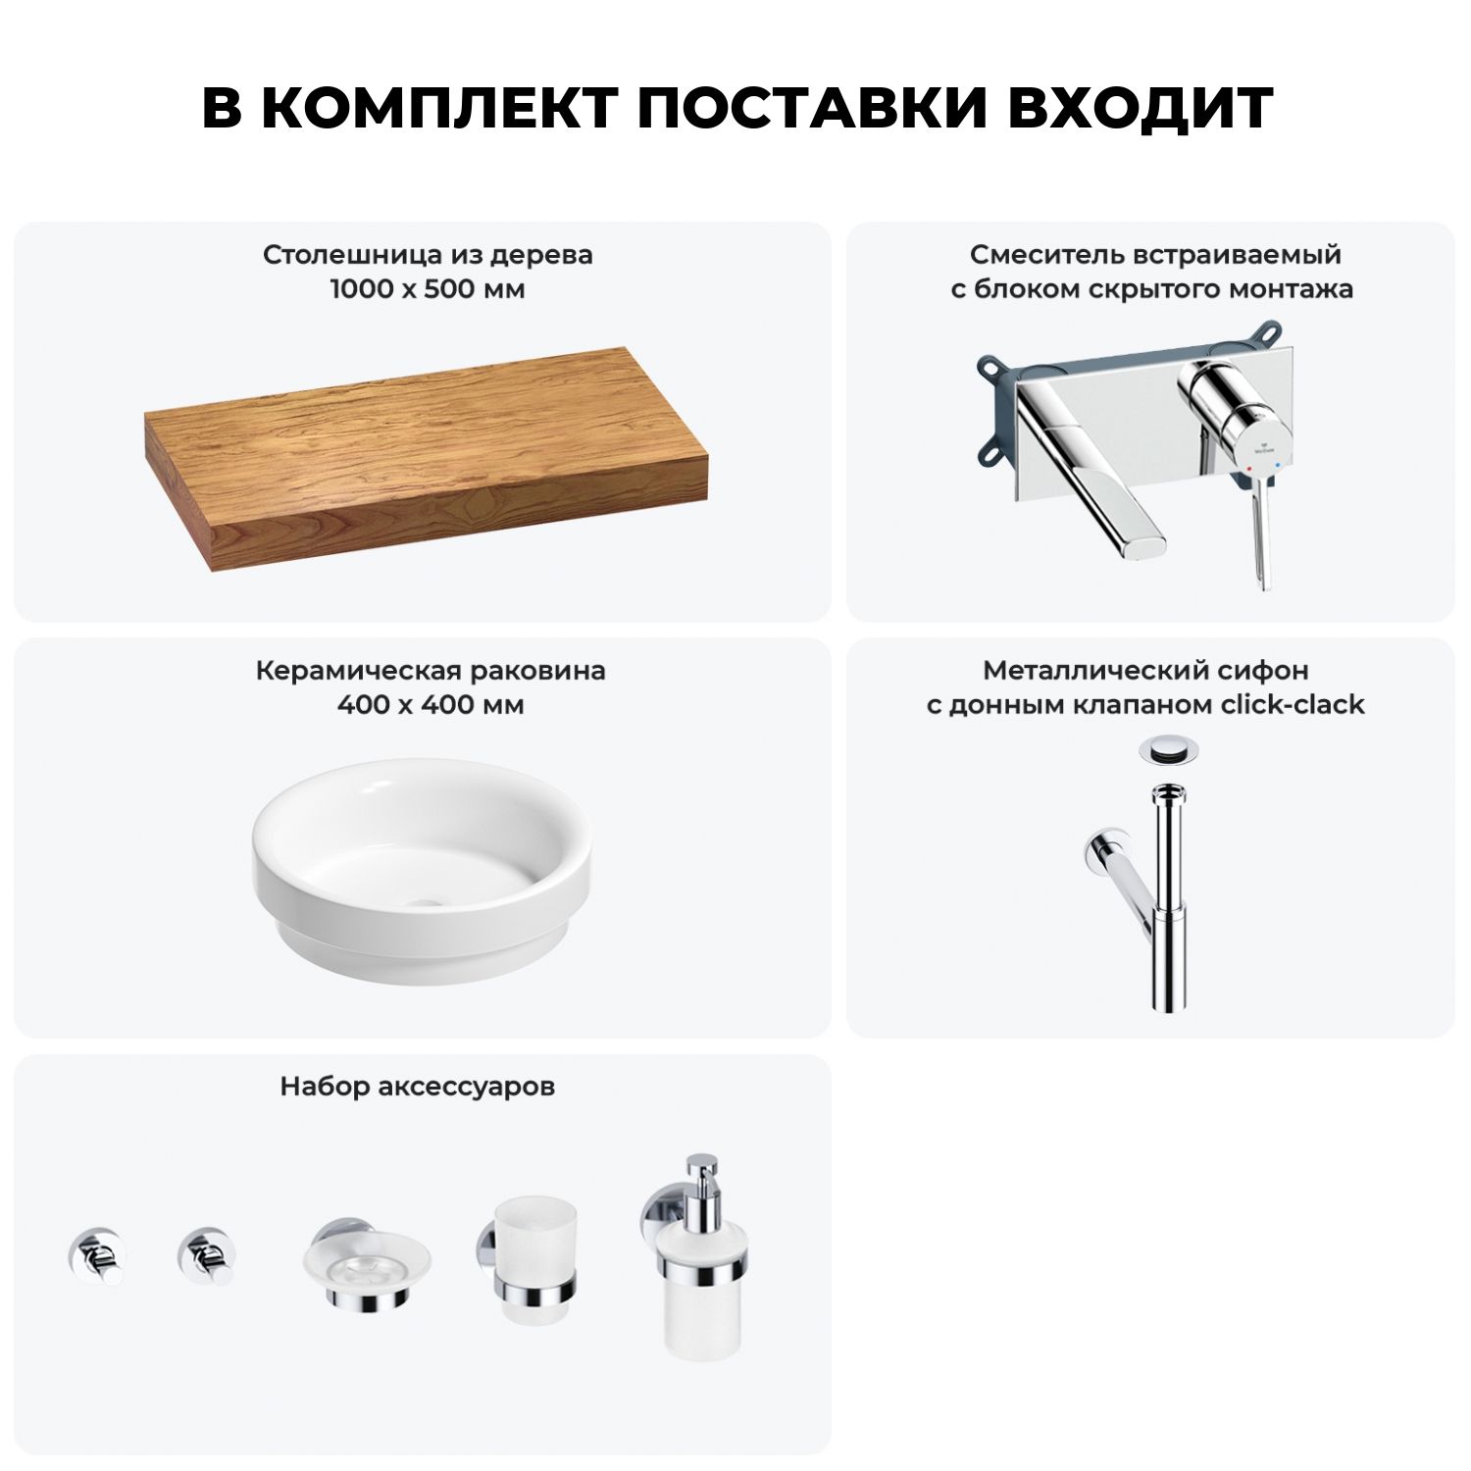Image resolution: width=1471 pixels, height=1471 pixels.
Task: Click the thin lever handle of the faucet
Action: coord(1259,530)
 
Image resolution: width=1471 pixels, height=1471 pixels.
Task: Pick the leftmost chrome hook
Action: coord(96,1255)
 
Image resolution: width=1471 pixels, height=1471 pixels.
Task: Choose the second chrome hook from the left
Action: coord(207,1255)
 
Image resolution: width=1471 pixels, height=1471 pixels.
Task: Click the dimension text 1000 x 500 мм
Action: coord(428,289)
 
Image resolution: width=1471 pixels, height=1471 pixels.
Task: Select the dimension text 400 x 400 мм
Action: coord(431,705)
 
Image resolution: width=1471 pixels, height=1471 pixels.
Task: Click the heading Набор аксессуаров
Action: coord(418,1087)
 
